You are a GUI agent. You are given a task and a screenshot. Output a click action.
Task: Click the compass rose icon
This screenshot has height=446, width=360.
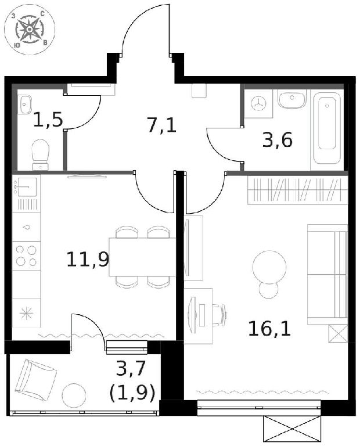[x=30, y=30]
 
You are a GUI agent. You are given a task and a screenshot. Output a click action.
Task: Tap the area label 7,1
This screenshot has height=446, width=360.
[x=162, y=125]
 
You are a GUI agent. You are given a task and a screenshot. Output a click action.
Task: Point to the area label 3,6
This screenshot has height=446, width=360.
[x=277, y=140]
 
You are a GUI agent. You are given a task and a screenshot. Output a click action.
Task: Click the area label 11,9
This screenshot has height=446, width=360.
[x=88, y=260]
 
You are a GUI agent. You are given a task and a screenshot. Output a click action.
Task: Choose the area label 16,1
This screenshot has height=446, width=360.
[x=269, y=329]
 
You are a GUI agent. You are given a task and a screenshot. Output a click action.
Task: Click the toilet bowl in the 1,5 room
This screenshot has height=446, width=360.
[x=41, y=155]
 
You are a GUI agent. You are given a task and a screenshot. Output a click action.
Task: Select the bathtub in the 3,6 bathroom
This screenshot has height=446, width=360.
[x=327, y=130]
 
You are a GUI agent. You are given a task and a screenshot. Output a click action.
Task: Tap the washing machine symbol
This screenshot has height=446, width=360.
[x=259, y=103]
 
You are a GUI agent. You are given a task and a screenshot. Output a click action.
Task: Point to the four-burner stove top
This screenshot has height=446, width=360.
[x=27, y=256]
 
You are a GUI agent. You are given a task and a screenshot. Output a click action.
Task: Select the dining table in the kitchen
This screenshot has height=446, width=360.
[x=142, y=257]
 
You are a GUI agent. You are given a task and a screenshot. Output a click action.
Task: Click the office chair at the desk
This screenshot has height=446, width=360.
[x=220, y=315]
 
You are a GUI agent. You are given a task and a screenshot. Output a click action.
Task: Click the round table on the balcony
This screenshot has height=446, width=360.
[x=74, y=395]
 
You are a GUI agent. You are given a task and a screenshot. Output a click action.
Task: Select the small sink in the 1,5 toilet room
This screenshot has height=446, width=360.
[x=25, y=105]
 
